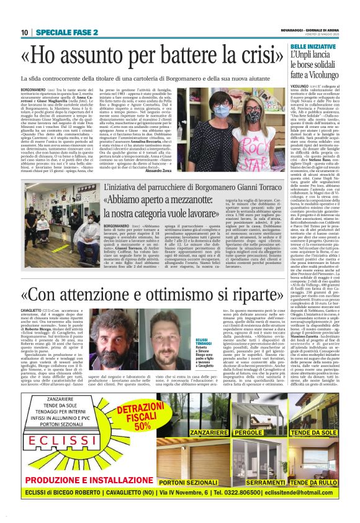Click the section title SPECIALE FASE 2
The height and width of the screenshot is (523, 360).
[x=67, y=32]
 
